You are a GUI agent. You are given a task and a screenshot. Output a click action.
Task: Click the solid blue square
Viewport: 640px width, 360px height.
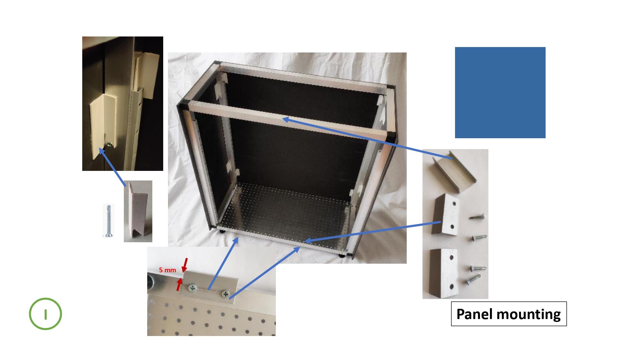(x=500, y=92)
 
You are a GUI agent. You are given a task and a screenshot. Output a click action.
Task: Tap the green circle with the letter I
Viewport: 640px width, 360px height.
(x=45, y=314)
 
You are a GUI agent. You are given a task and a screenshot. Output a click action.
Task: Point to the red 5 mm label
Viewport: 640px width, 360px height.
(x=168, y=270)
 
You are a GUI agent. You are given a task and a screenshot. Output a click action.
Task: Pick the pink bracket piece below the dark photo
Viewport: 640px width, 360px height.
(x=138, y=212)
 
